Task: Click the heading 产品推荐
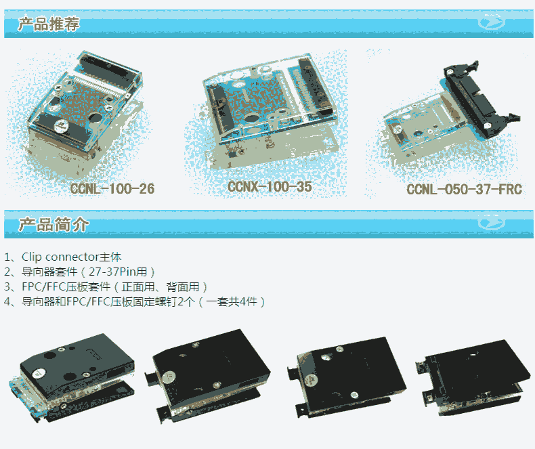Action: click(x=49, y=24)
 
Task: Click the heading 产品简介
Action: click(x=53, y=225)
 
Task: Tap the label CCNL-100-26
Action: click(x=112, y=189)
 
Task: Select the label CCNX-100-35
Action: click(x=270, y=187)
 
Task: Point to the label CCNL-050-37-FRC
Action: click(x=464, y=190)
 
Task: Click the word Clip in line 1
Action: click(x=31, y=257)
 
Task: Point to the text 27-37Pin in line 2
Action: click(x=112, y=272)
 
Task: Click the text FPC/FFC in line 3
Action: click(x=43, y=287)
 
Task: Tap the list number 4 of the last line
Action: click(x=7, y=302)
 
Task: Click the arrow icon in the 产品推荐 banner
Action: click(x=491, y=22)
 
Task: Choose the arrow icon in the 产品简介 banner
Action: click(x=491, y=222)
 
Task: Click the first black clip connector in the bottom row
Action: click(x=72, y=378)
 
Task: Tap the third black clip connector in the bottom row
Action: click(x=346, y=377)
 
